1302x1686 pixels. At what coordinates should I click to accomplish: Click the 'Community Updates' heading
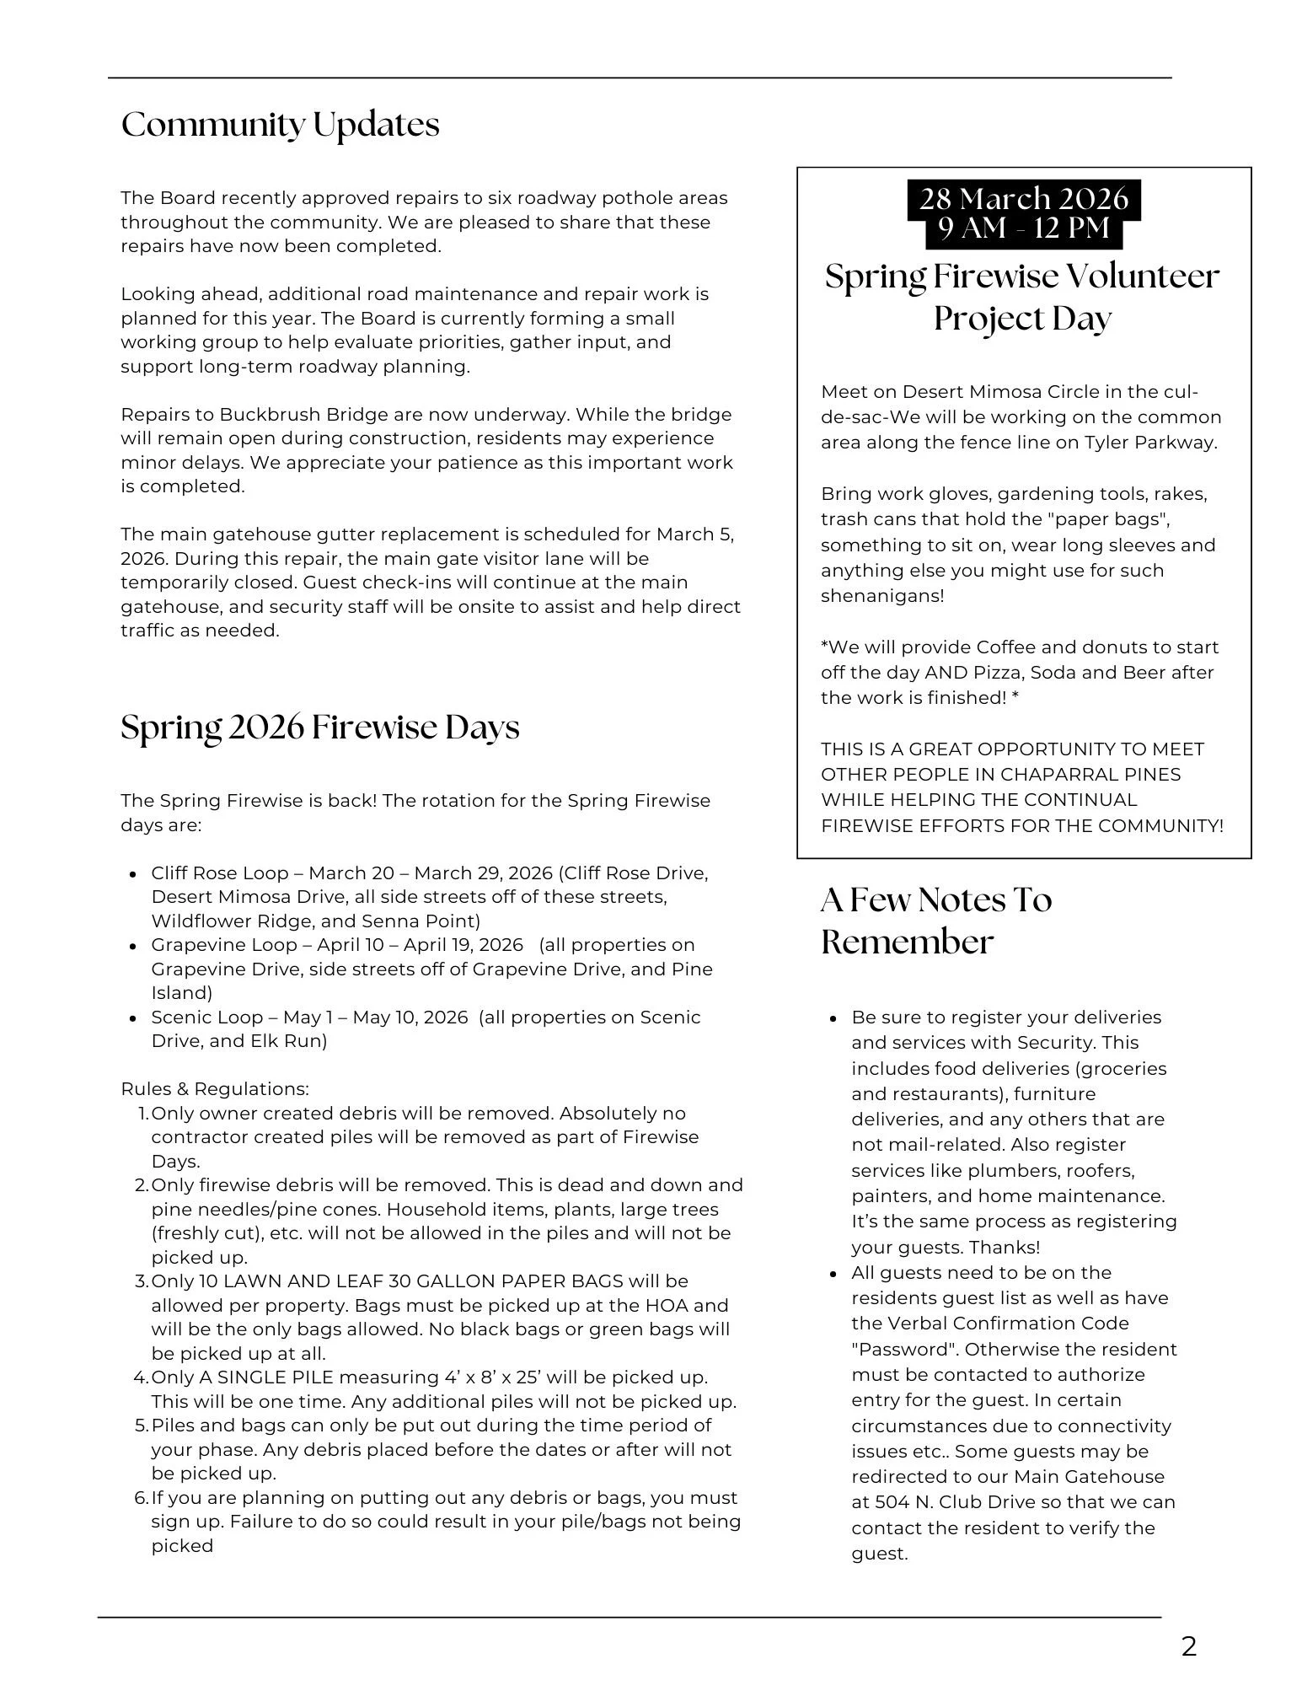click(x=280, y=125)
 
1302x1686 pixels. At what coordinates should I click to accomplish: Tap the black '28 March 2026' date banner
click(x=1023, y=199)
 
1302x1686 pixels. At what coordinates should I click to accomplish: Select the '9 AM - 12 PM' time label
click(x=1023, y=228)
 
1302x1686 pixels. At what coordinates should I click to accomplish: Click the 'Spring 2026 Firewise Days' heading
click(x=319, y=728)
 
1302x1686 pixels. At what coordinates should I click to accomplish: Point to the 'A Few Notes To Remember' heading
click(x=935, y=921)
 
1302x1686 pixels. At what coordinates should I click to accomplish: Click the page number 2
click(x=1188, y=1646)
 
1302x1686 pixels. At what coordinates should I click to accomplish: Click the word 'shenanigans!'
click(x=882, y=596)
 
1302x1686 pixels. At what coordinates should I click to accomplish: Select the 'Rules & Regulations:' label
click(x=215, y=1089)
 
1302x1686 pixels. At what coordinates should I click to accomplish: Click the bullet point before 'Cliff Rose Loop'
click(x=132, y=874)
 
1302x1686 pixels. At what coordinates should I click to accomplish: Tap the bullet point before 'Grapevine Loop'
click(x=132, y=946)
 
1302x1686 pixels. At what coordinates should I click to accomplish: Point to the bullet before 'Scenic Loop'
click(x=132, y=1018)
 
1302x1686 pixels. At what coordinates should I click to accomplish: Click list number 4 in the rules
click(x=141, y=1377)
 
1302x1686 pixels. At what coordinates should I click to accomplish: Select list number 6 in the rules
click(x=141, y=1498)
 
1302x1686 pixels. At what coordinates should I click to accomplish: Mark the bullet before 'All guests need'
click(x=833, y=1274)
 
